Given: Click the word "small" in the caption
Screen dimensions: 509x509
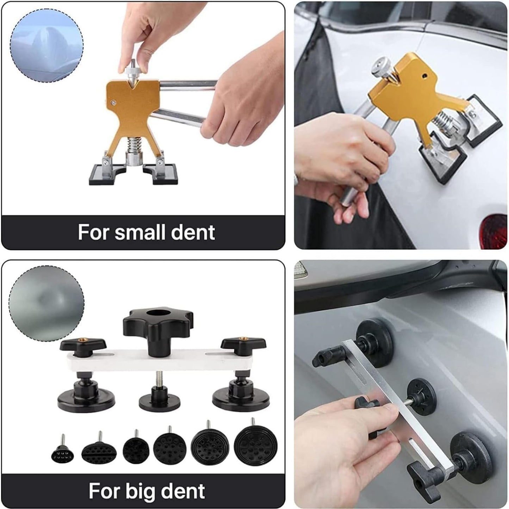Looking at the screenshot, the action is click(141, 232).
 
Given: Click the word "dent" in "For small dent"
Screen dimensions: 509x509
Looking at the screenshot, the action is click(193, 232).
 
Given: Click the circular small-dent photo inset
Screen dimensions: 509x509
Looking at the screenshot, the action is click(46, 45).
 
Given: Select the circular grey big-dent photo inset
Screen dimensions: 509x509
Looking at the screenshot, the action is click(46, 304).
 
